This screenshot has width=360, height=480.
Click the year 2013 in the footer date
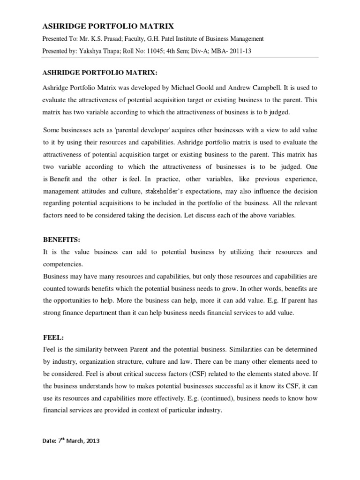pyautogui.click(x=92, y=441)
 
